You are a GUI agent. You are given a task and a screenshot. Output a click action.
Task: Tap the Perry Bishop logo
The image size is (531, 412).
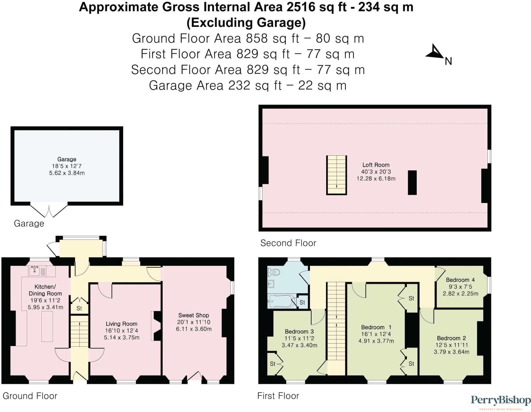(500, 400)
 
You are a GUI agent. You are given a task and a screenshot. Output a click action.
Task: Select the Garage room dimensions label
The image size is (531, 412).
(67, 170)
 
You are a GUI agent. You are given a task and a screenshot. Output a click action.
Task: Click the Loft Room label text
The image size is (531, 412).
(376, 165)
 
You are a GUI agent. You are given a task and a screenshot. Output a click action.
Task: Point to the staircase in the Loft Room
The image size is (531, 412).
(336, 175)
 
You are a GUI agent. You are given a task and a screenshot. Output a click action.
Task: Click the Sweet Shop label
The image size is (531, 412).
(194, 315)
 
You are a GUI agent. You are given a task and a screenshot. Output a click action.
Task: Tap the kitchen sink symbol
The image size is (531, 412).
(35, 271)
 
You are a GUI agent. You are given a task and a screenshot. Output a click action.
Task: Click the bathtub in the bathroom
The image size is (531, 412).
(282, 301)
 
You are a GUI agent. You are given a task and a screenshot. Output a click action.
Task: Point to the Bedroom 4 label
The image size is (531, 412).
(460, 280)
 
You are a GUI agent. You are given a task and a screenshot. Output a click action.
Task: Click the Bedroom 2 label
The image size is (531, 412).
(451, 338)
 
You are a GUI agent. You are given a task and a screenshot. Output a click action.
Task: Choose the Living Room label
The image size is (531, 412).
(121, 324)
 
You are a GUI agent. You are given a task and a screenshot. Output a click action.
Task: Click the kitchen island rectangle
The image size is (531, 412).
(47, 326)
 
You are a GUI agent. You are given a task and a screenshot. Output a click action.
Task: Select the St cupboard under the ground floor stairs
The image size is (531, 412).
(79, 308)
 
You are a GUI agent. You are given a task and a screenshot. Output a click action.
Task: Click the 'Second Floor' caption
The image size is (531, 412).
(288, 243)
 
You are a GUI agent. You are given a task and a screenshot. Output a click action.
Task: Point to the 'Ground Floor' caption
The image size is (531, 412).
(30, 396)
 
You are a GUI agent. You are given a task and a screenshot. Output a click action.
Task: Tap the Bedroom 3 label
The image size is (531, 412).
(299, 331)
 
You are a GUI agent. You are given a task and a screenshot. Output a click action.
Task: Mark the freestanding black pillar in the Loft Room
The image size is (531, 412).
(412, 183)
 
